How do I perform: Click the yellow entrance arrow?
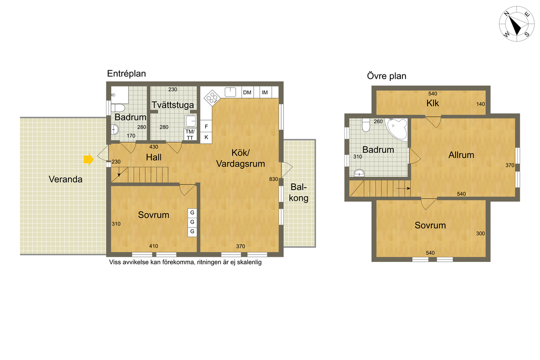[x=89, y=159]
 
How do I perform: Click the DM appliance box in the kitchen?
[x=247, y=92]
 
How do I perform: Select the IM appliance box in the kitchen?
[x=265, y=92]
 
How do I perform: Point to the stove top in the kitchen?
[x=212, y=98]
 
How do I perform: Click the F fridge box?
[x=206, y=127]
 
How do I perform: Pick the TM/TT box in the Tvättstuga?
[x=190, y=134]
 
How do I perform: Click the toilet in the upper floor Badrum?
[x=366, y=124]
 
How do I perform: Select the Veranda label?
[x=65, y=179]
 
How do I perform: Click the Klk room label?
[x=432, y=103]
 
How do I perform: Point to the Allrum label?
[x=461, y=155]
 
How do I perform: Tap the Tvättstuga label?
[x=173, y=105]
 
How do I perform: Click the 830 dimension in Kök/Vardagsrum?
[x=274, y=179]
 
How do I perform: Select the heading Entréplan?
[x=127, y=74]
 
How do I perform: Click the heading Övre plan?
[x=387, y=76]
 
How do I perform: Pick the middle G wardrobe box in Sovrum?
[x=192, y=222]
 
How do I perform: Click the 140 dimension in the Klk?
[x=480, y=104]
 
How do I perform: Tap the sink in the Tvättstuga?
[x=190, y=121]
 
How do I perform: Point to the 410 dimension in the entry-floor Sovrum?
[x=153, y=246]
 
